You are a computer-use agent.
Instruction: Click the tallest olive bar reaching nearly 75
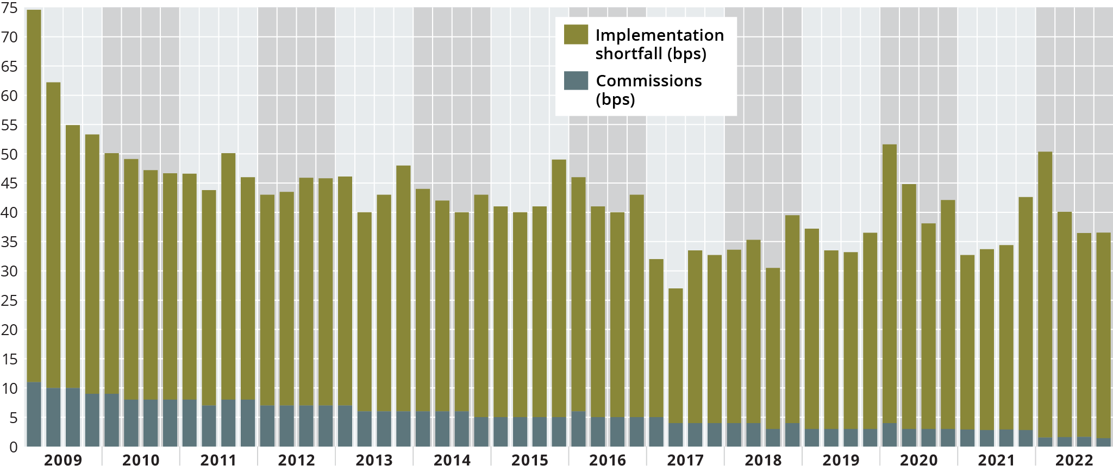point(34,196)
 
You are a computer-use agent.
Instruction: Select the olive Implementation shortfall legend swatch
point(576,35)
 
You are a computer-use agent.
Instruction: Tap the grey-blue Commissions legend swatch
point(576,81)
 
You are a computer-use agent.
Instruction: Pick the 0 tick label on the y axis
point(13,448)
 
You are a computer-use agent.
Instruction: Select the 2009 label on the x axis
point(63,459)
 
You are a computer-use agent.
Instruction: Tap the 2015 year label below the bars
point(530,459)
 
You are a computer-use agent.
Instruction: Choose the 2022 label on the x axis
point(1074,459)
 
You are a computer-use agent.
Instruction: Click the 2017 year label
point(685,459)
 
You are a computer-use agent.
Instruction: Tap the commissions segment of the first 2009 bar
point(34,414)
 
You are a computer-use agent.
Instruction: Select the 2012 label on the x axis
point(296,459)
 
